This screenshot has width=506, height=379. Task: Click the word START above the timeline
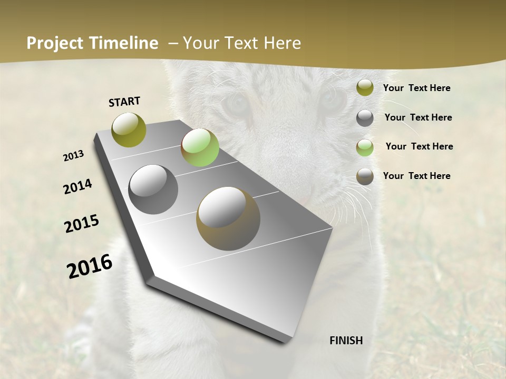tap(124, 102)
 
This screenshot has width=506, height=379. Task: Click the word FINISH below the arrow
tap(346, 341)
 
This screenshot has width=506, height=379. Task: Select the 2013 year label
tap(74, 156)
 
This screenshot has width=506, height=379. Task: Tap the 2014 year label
tap(78, 186)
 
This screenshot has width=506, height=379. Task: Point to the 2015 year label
tap(82, 224)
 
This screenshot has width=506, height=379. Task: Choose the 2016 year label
tap(90, 266)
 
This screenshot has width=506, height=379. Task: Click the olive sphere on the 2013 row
tap(129, 129)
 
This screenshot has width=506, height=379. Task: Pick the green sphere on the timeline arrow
tap(200, 147)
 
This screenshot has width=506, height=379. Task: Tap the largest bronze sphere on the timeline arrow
tap(228, 218)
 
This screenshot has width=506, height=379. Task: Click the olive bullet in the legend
tap(365, 88)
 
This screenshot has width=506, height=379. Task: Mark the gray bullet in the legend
tap(365, 118)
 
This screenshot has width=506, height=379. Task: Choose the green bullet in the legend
tap(365, 147)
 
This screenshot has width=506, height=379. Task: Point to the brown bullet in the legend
tap(365, 176)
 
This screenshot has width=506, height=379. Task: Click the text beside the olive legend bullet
tap(416, 88)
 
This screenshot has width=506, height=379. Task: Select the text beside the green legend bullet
tap(419, 146)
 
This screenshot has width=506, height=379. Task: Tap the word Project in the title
tap(55, 43)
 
